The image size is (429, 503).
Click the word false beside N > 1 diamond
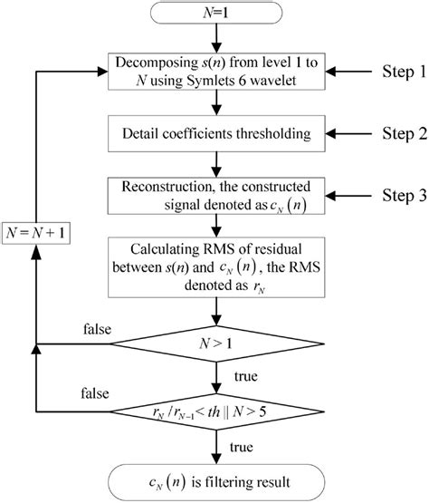(x=94, y=331)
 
